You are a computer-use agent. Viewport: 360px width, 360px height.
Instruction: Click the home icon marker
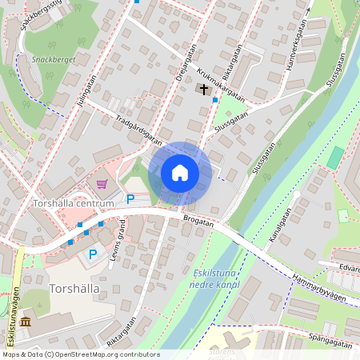tap(180, 173)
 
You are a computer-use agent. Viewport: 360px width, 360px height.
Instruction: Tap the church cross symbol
tap(204, 89)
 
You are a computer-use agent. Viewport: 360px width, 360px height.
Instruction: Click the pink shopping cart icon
tap(102, 184)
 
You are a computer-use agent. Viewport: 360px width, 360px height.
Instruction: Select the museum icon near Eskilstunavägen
tap(26, 322)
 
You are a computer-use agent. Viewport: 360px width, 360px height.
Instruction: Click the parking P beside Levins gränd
tap(93, 254)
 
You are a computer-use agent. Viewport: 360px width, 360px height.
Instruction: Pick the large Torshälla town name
tap(73, 287)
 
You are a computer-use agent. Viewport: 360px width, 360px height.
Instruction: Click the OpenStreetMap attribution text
tap(80, 354)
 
